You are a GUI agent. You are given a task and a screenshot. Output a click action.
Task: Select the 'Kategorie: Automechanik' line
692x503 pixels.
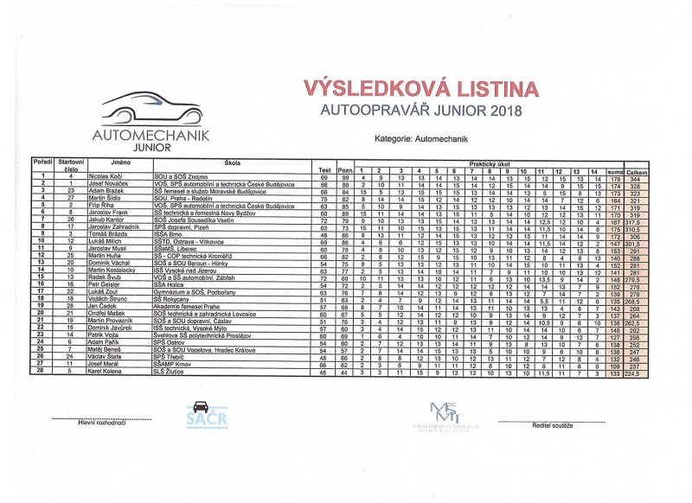click(421, 138)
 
